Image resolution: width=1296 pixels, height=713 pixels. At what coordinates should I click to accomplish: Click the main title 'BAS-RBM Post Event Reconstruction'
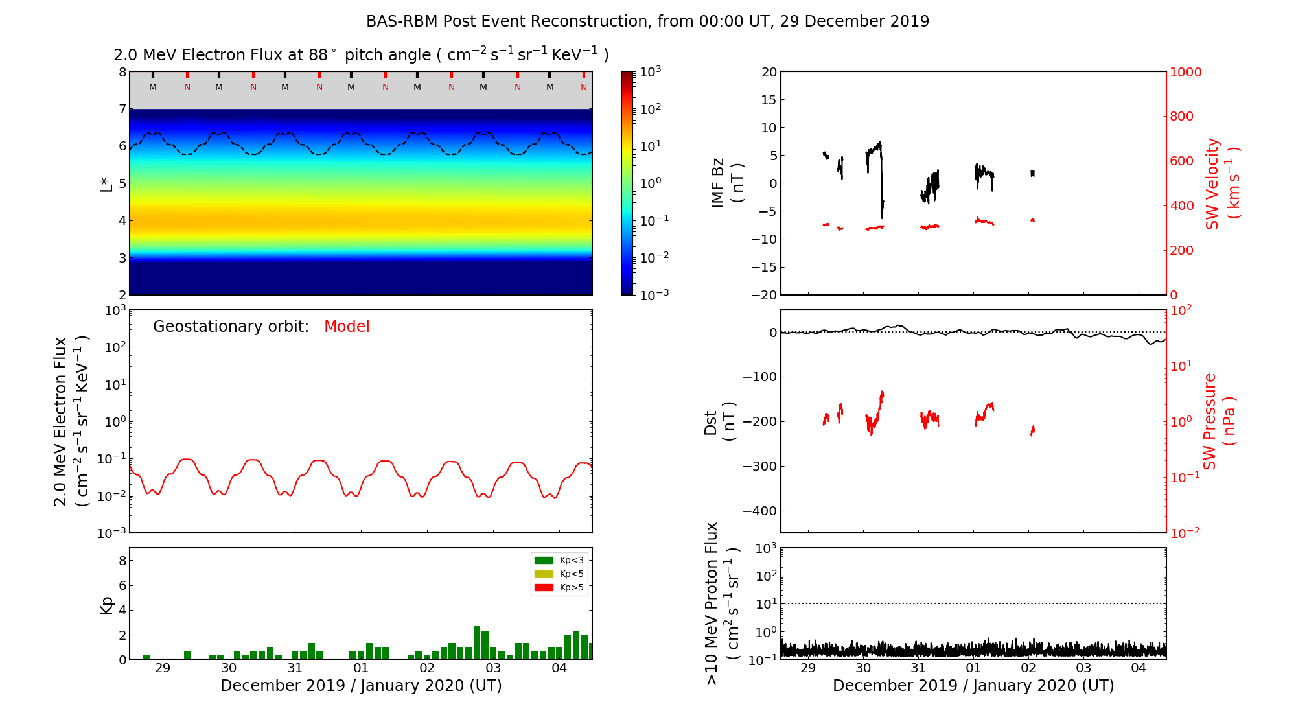click(648, 21)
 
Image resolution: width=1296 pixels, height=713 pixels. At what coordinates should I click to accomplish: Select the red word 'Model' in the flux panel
click(347, 327)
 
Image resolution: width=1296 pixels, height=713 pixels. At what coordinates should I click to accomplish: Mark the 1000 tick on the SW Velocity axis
click(1185, 72)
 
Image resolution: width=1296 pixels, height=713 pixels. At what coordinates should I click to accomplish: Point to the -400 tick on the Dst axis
click(759, 511)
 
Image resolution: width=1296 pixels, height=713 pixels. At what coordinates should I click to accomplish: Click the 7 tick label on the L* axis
click(122, 109)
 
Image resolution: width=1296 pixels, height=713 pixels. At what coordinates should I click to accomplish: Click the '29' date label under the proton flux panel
click(808, 668)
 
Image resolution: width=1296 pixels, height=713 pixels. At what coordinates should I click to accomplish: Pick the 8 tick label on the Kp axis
click(122, 561)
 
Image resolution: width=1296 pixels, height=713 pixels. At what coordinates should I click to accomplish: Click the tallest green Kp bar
click(477, 642)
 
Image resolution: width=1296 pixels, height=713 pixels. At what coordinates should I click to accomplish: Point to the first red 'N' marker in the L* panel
click(187, 87)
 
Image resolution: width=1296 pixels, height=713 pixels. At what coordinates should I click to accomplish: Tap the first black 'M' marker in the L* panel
click(153, 87)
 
